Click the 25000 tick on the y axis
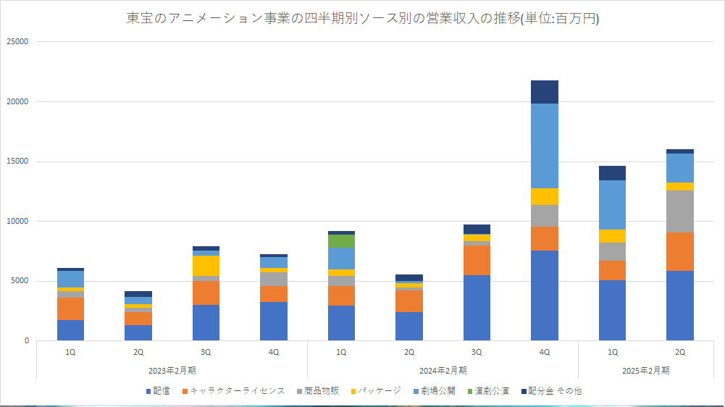tap(17, 42)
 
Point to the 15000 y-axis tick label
tap(17, 161)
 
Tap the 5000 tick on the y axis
tap(19, 281)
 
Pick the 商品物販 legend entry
tap(317, 391)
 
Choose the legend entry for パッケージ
tap(377, 391)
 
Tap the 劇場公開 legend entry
tap(436, 391)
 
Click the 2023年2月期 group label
tap(172, 370)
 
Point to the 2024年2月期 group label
tap(443, 370)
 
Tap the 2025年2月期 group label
tap(646, 370)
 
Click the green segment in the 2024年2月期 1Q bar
tap(341, 241)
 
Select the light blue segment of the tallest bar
tap(545, 146)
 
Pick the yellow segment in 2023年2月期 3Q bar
tap(206, 266)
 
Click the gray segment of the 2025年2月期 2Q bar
tap(680, 211)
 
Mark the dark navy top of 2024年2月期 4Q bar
tap(545, 92)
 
